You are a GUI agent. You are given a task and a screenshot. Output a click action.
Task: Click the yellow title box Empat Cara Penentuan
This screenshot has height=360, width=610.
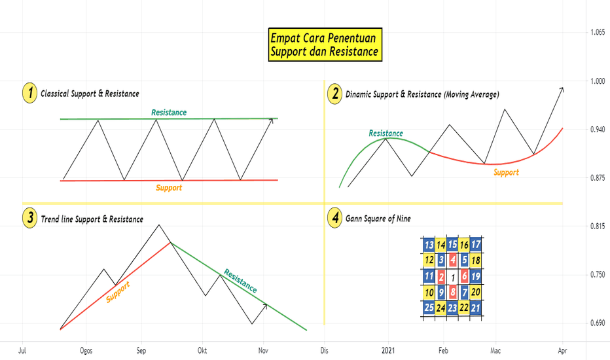pyautogui.click(x=325, y=45)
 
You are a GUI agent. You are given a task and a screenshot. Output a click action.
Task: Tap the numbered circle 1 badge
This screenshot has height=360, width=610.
pyautogui.click(x=29, y=93)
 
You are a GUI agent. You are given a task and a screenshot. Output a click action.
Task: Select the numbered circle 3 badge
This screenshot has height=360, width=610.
pyautogui.click(x=29, y=217)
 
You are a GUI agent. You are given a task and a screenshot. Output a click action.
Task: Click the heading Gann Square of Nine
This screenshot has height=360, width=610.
pyautogui.click(x=378, y=219)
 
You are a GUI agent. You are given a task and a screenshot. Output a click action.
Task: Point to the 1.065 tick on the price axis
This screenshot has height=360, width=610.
pyautogui.click(x=597, y=32)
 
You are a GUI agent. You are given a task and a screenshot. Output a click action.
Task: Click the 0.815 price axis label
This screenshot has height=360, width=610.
pyautogui.click(x=597, y=226)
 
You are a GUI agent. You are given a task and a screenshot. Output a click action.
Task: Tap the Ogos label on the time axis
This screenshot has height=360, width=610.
pyautogui.click(x=86, y=351)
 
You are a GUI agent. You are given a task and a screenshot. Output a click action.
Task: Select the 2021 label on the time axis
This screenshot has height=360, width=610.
pyautogui.click(x=388, y=351)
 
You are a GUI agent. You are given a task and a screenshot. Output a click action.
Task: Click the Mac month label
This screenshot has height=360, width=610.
pyautogui.click(x=495, y=351)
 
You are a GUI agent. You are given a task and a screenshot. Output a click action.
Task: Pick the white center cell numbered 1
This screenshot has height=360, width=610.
pyautogui.click(x=452, y=277)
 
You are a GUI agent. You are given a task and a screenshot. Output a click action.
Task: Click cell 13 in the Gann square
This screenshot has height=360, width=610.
pyautogui.click(x=429, y=245)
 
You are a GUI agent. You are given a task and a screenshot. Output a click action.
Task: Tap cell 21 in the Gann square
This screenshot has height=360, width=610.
pyautogui.click(x=475, y=308)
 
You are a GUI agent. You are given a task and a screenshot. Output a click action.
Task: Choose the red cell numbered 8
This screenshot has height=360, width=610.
pyautogui.click(x=452, y=292)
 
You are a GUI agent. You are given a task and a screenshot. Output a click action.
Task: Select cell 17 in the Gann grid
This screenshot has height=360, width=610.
pyautogui.click(x=475, y=245)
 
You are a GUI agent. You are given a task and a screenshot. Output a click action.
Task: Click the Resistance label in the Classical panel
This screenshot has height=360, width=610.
pyautogui.click(x=169, y=113)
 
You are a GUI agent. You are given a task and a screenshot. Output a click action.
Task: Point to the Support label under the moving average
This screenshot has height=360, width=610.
pyautogui.click(x=506, y=172)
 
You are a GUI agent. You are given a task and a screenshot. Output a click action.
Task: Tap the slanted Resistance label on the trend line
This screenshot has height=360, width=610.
pyautogui.click(x=240, y=281)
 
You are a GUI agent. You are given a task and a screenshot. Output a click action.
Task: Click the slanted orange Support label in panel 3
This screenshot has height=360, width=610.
pyautogui.click(x=118, y=291)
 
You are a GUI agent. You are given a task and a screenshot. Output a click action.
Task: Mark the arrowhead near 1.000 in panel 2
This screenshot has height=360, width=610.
pyautogui.click(x=562, y=90)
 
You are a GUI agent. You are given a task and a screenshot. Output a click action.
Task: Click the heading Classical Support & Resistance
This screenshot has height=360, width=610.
pyautogui.click(x=90, y=94)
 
